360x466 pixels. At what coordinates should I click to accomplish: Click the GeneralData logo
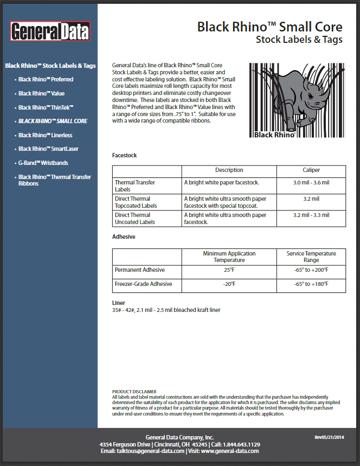pyautogui.click(x=50, y=31)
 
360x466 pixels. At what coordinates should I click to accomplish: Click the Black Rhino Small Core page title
pyautogui.click(x=269, y=27)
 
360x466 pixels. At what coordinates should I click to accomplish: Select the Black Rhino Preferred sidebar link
pyautogui.click(x=46, y=79)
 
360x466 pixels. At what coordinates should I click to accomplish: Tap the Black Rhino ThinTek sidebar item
pyautogui.click(x=46, y=107)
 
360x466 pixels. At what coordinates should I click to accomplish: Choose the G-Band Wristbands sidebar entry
pyautogui.click(x=43, y=163)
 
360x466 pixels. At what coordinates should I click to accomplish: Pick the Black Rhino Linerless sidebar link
pyautogui.click(x=45, y=135)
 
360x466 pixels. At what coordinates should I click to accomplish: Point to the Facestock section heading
pyautogui.click(x=124, y=155)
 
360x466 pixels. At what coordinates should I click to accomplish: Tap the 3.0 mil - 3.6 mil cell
pyautogui.click(x=311, y=183)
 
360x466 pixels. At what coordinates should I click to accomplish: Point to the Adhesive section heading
pyautogui.click(x=124, y=237)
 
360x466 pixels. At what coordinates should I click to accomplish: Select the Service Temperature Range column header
pyautogui.click(x=311, y=257)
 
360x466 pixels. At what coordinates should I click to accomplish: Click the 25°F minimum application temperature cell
pyautogui.click(x=229, y=270)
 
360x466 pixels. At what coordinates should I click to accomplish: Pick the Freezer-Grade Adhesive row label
pyautogui.click(x=143, y=284)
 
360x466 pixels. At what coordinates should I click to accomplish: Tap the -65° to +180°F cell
pyautogui.click(x=311, y=284)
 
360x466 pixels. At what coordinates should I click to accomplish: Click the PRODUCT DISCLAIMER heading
pyautogui.click(x=134, y=391)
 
